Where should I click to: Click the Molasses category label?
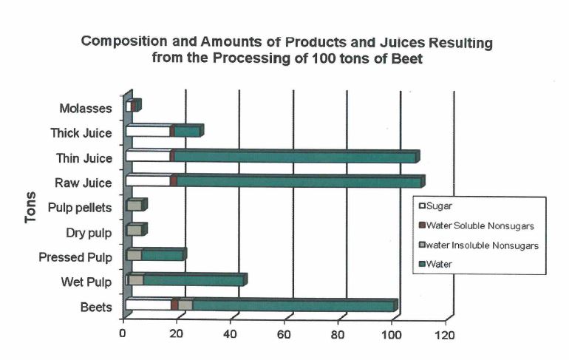coord(85,109)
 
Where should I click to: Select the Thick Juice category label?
coord(81,133)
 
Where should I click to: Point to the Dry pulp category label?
coord(88,232)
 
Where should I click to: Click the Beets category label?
coord(97,307)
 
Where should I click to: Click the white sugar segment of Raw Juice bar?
coord(148,181)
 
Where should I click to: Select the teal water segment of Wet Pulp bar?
coord(192,280)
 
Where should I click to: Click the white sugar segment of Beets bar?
coord(148,305)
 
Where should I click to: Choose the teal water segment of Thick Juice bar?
coord(186,132)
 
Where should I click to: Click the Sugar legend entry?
coord(440,206)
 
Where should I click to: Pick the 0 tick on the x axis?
coord(123,334)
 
